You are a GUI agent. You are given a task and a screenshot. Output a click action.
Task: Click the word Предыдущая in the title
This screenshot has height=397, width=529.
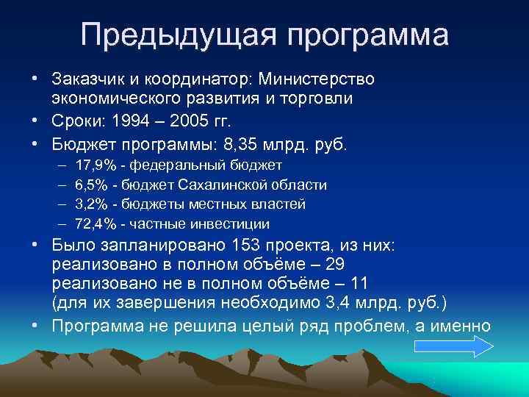[174, 35]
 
